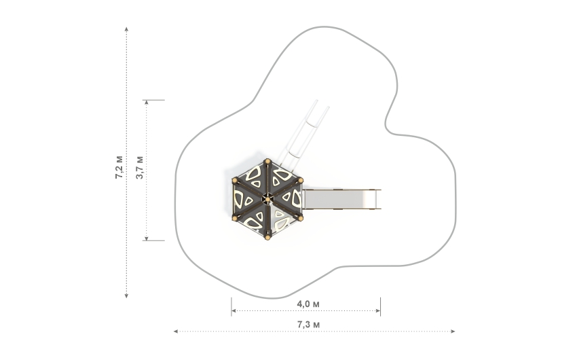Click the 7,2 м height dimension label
[x=119, y=166]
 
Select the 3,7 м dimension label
[x=139, y=167]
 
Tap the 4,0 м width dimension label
[x=308, y=303]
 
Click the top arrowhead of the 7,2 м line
[x=127, y=30]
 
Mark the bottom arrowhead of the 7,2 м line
[x=127, y=295]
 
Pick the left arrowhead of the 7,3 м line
[x=176, y=331]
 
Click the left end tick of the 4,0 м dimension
[x=231, y=307]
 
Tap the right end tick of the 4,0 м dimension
[x=380, y=307]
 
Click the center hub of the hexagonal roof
[x=267, y=199]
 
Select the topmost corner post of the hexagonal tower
[x=267, y=161]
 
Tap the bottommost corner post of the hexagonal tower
[x=267, y=238]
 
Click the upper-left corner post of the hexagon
[x=235, y=180]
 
